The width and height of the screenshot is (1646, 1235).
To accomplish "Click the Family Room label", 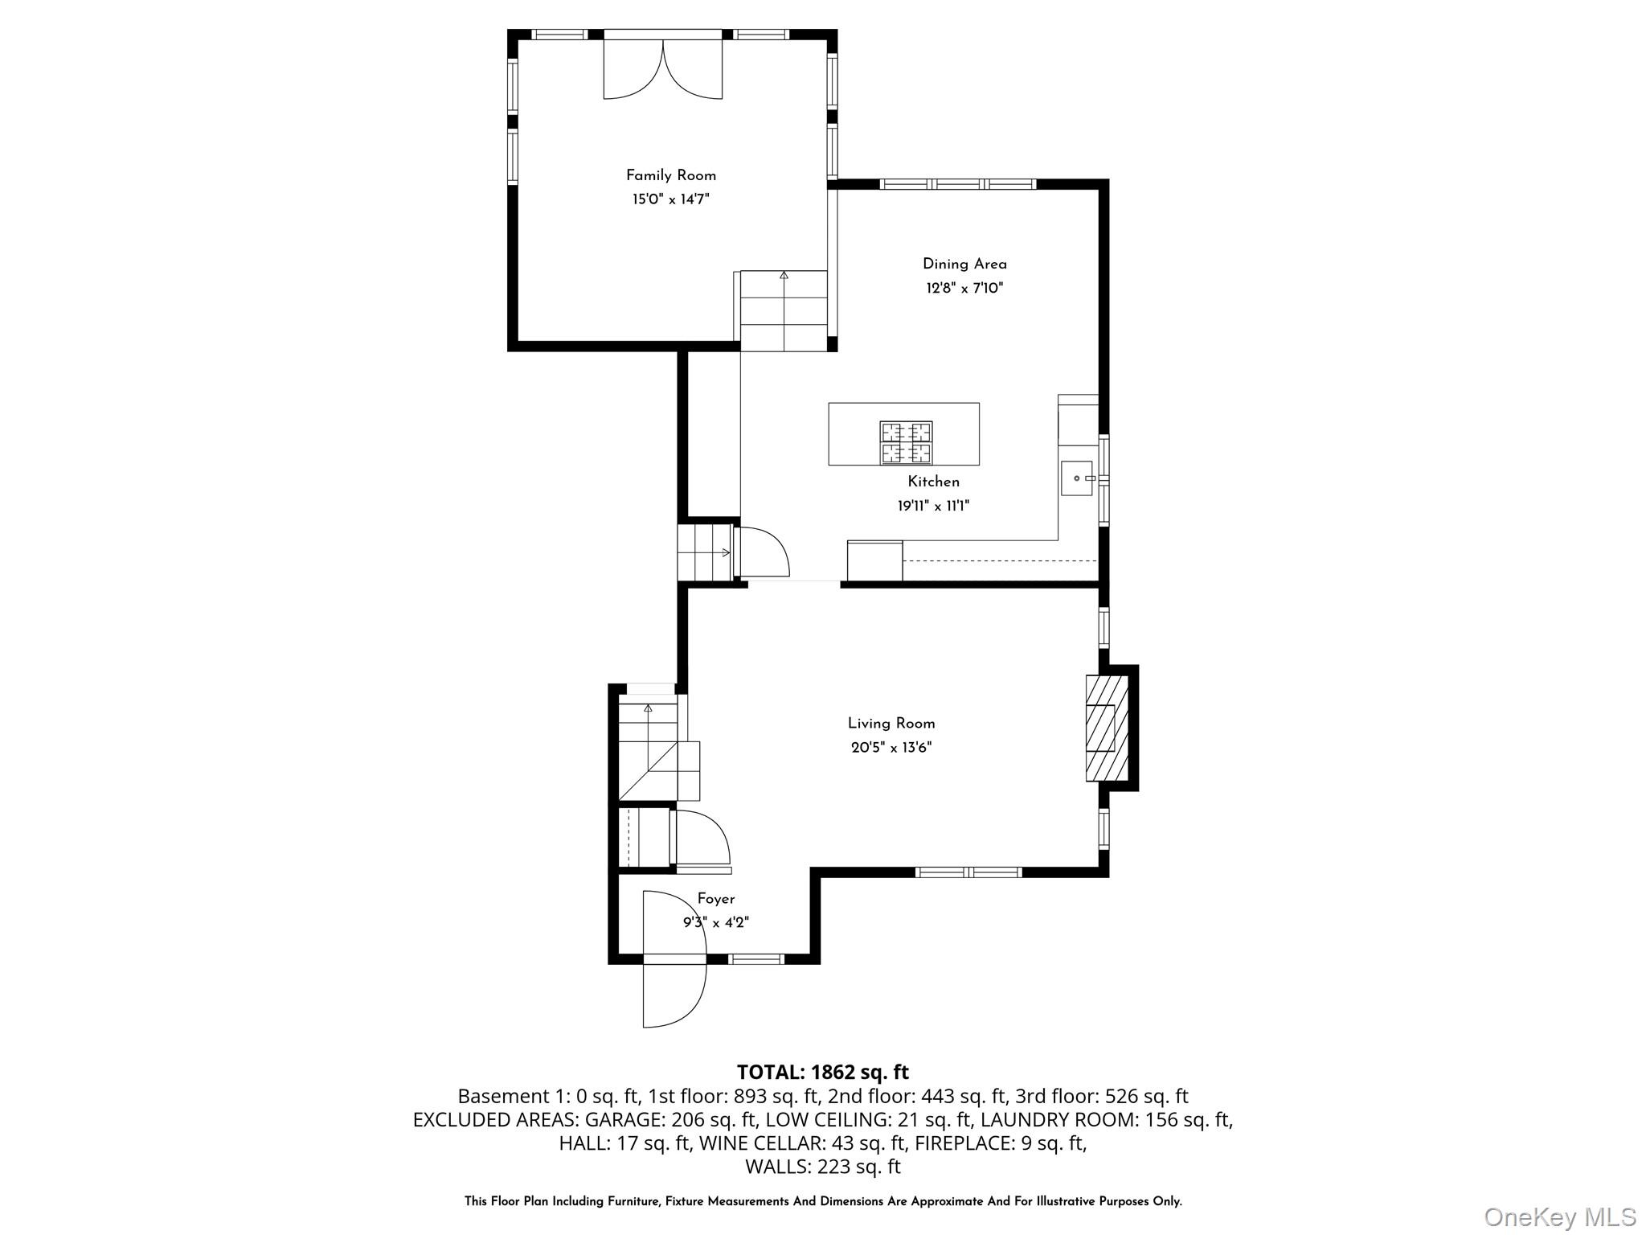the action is (x=671, y=175).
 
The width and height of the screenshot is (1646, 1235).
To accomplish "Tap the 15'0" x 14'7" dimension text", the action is (x=671, y=199).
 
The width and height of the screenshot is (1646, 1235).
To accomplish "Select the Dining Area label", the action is (x=964, y=264).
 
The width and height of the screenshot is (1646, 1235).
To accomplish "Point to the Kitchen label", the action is (x=934, y=482).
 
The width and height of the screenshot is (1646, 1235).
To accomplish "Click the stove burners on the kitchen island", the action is (x=907, y=442).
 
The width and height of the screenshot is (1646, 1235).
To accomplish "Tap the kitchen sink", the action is (x=1077, y=478).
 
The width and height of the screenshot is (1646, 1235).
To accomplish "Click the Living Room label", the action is (x=891, y=724).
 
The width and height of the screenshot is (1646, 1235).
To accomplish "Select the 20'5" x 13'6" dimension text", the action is (x=891, y=748).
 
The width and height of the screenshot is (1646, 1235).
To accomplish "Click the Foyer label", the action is (x=715, y=899).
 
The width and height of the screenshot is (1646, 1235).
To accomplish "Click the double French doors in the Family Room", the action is (x=663, y=69).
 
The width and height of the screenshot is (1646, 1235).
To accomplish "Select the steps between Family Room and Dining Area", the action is (x=784, y=311).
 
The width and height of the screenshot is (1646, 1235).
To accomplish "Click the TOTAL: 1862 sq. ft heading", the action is (x=823, y=1072).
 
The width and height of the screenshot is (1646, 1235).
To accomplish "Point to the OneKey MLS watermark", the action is (x=1560, y=1217).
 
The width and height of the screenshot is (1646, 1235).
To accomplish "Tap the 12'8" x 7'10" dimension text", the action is (x=964, y=288).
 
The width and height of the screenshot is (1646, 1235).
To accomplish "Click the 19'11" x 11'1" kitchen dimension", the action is (x=934, y=506).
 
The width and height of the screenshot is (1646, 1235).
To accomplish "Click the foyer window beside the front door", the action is (x=755, y=958).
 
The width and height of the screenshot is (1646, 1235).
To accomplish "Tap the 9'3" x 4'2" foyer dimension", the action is (x=716, y=923).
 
